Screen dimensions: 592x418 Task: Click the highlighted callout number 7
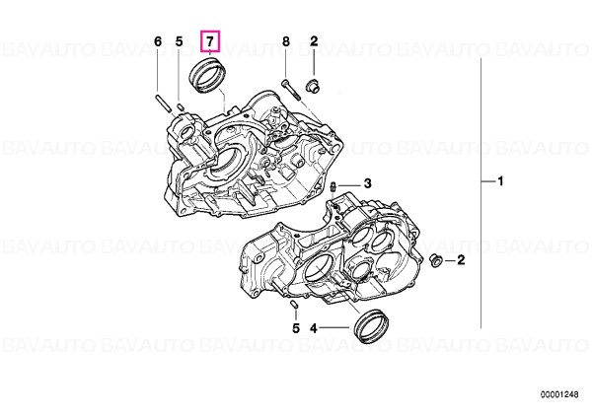(210, 41)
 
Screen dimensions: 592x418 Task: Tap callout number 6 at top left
(158, 41)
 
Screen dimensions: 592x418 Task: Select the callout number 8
(286, 41)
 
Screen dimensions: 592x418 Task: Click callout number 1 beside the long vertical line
(500, 181)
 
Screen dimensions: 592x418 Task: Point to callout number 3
(367, 183)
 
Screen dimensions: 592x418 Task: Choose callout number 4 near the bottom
(314, 328)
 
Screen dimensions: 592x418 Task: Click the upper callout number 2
(314, 41)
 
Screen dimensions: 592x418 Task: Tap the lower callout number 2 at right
(461, 260)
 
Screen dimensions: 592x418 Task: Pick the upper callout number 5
(179, 41)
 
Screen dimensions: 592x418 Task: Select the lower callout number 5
(296, 328)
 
